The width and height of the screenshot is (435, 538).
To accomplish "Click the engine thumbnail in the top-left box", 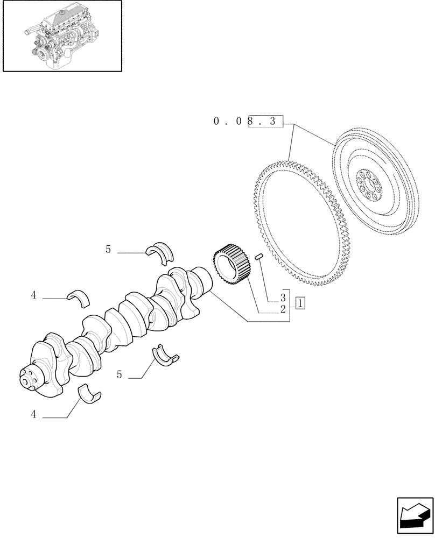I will pos(61,36).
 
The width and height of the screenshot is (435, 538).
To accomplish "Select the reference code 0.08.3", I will pos(248,122).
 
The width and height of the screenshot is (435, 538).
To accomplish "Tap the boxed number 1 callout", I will pos(300,303).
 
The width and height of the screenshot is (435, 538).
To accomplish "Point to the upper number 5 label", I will pos(108,249).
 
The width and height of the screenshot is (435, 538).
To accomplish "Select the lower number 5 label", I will pos(119,374).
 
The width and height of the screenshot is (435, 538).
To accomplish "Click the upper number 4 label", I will pos(33,295).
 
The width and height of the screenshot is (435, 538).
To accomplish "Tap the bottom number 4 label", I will pos(33,414).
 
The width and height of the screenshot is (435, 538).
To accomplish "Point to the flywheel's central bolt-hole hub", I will pos(370,184).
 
